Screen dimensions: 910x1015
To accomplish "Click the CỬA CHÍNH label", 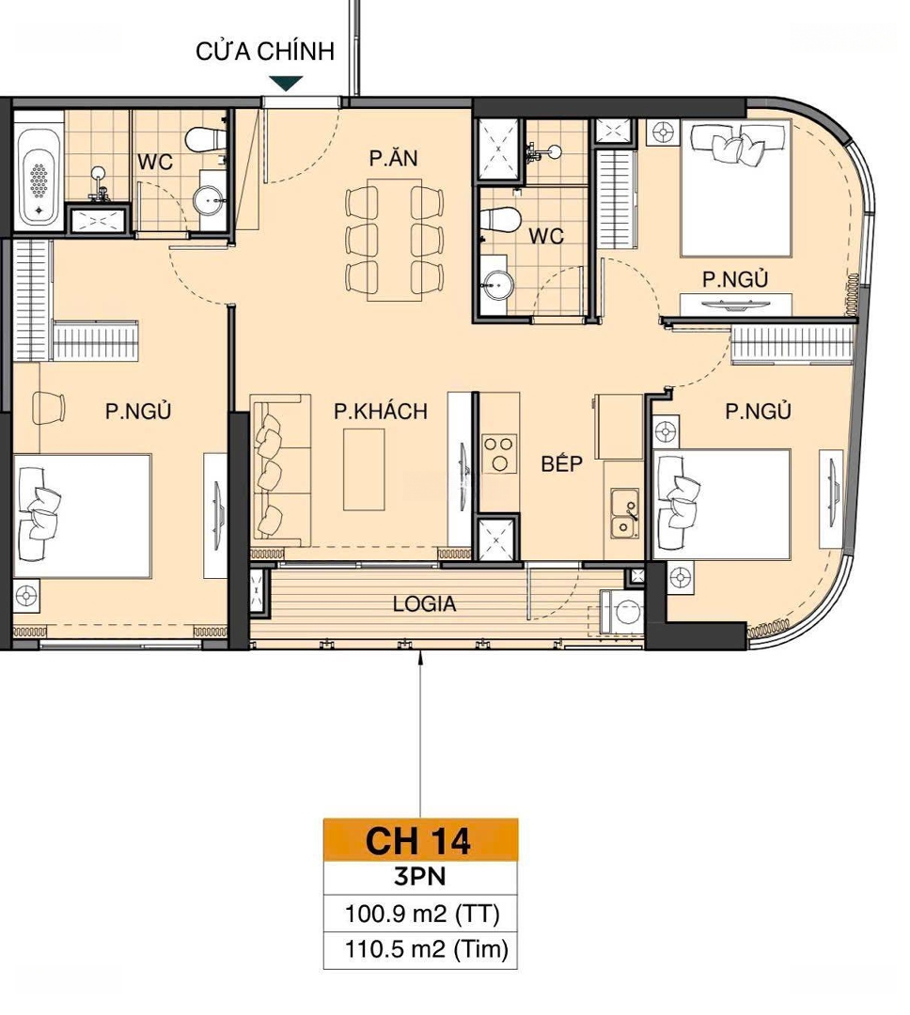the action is point(265,51).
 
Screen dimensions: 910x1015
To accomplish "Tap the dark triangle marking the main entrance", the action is point(286,83).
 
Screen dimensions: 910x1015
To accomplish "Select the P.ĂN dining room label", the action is point(394,158).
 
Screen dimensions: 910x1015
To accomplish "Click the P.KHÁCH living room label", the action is point(381,411).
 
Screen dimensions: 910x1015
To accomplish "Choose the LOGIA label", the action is point(424,604).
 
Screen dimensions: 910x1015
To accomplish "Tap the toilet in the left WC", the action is point(206,138).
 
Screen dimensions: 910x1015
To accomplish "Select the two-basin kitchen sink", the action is point(624,514).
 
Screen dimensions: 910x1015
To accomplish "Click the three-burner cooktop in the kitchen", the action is point(499,453).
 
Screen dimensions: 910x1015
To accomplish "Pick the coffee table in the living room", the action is point(364,470).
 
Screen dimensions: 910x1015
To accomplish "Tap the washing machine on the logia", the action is point(622,612).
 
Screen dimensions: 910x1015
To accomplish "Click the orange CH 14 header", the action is point(420,840).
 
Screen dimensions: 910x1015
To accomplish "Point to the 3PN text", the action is point(419,877).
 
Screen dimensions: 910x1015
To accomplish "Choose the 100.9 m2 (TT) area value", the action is point(422,914).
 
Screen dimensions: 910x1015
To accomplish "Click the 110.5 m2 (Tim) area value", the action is point(427,949).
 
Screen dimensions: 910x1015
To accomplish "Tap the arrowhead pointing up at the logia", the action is point(421,656).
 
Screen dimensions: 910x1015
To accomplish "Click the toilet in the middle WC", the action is point(501,219).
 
